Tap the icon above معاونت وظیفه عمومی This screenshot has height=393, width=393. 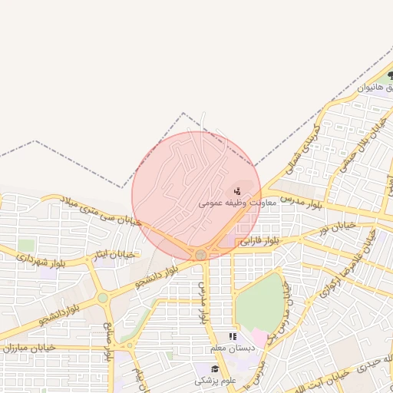[x=236, y=191]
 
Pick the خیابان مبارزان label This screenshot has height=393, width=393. [x=30, y=348]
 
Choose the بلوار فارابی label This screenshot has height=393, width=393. [x=256, y=240]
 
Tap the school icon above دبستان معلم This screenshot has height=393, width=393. [x=233, y=336]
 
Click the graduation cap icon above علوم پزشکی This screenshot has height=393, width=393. [x=214, y=368]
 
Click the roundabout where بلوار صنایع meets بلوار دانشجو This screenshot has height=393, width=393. [x=102, y=298]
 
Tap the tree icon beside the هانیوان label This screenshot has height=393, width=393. [x=389, y=75]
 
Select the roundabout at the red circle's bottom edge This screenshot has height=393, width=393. [x=200, y=254]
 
